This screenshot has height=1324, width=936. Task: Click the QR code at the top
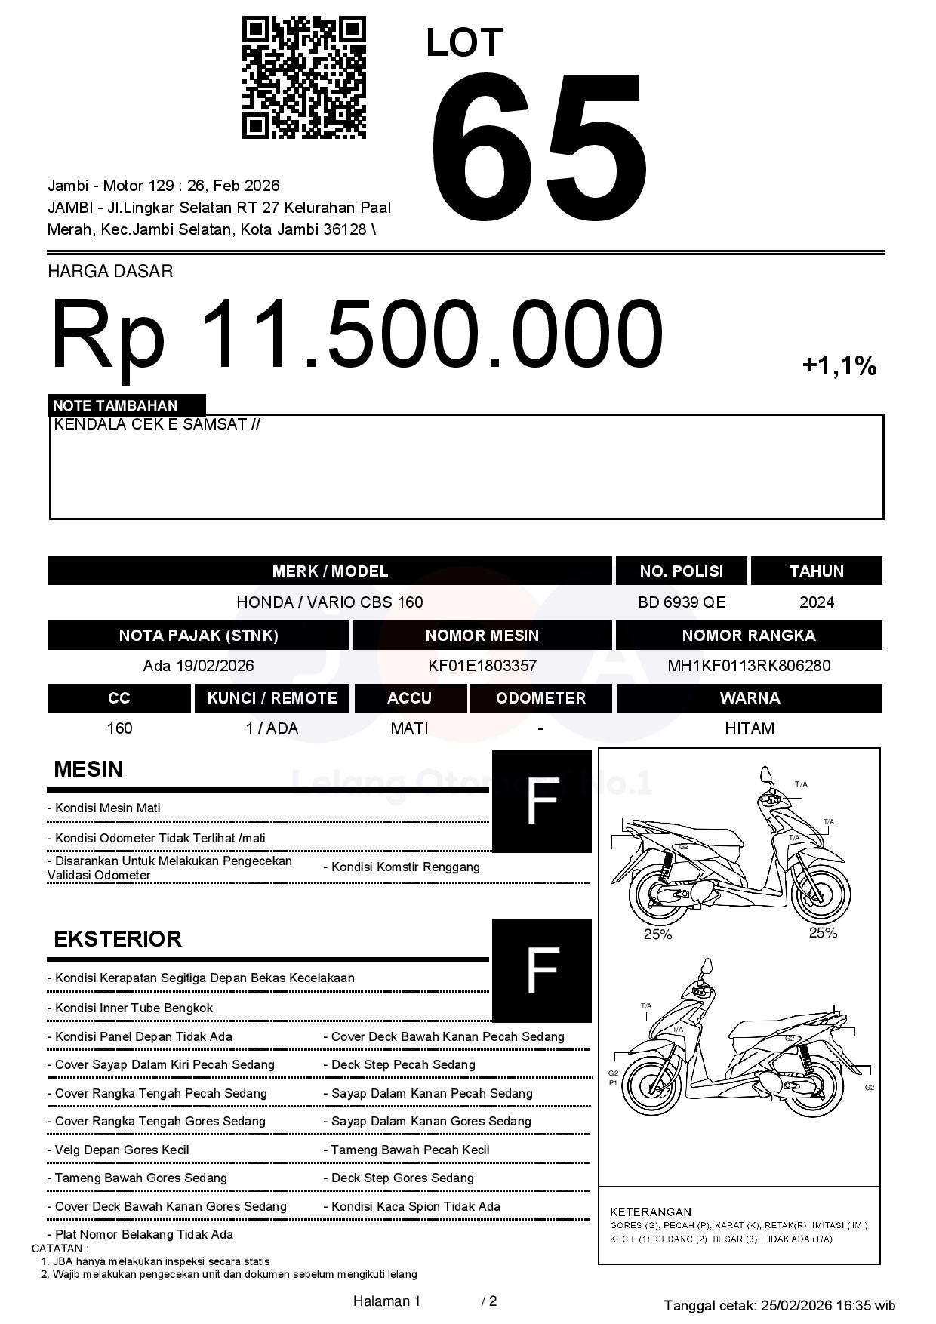click(303, 79)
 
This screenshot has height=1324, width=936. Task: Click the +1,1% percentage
click(839, 367)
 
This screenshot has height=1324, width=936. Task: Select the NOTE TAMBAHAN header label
click(115, 405)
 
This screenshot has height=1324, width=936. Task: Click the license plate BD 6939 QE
click(681, 602)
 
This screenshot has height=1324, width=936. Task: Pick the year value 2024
click(816, 602)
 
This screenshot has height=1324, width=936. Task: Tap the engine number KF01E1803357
click(482, 666)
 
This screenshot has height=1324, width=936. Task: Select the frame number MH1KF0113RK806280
click(748, 666)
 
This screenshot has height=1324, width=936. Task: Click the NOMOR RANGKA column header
click(748, 636)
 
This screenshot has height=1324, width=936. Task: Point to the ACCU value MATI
click(409, 728)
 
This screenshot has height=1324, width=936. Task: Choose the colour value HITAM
click(749, 728)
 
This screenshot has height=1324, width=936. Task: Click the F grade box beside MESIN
click(541, 801)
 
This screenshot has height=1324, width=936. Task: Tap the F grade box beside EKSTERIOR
click(541, 971)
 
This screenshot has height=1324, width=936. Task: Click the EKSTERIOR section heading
click(118, 939)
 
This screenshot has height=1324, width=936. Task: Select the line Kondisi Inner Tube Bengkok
click(134, 1008)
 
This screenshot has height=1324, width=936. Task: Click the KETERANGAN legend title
click(650, 1212)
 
